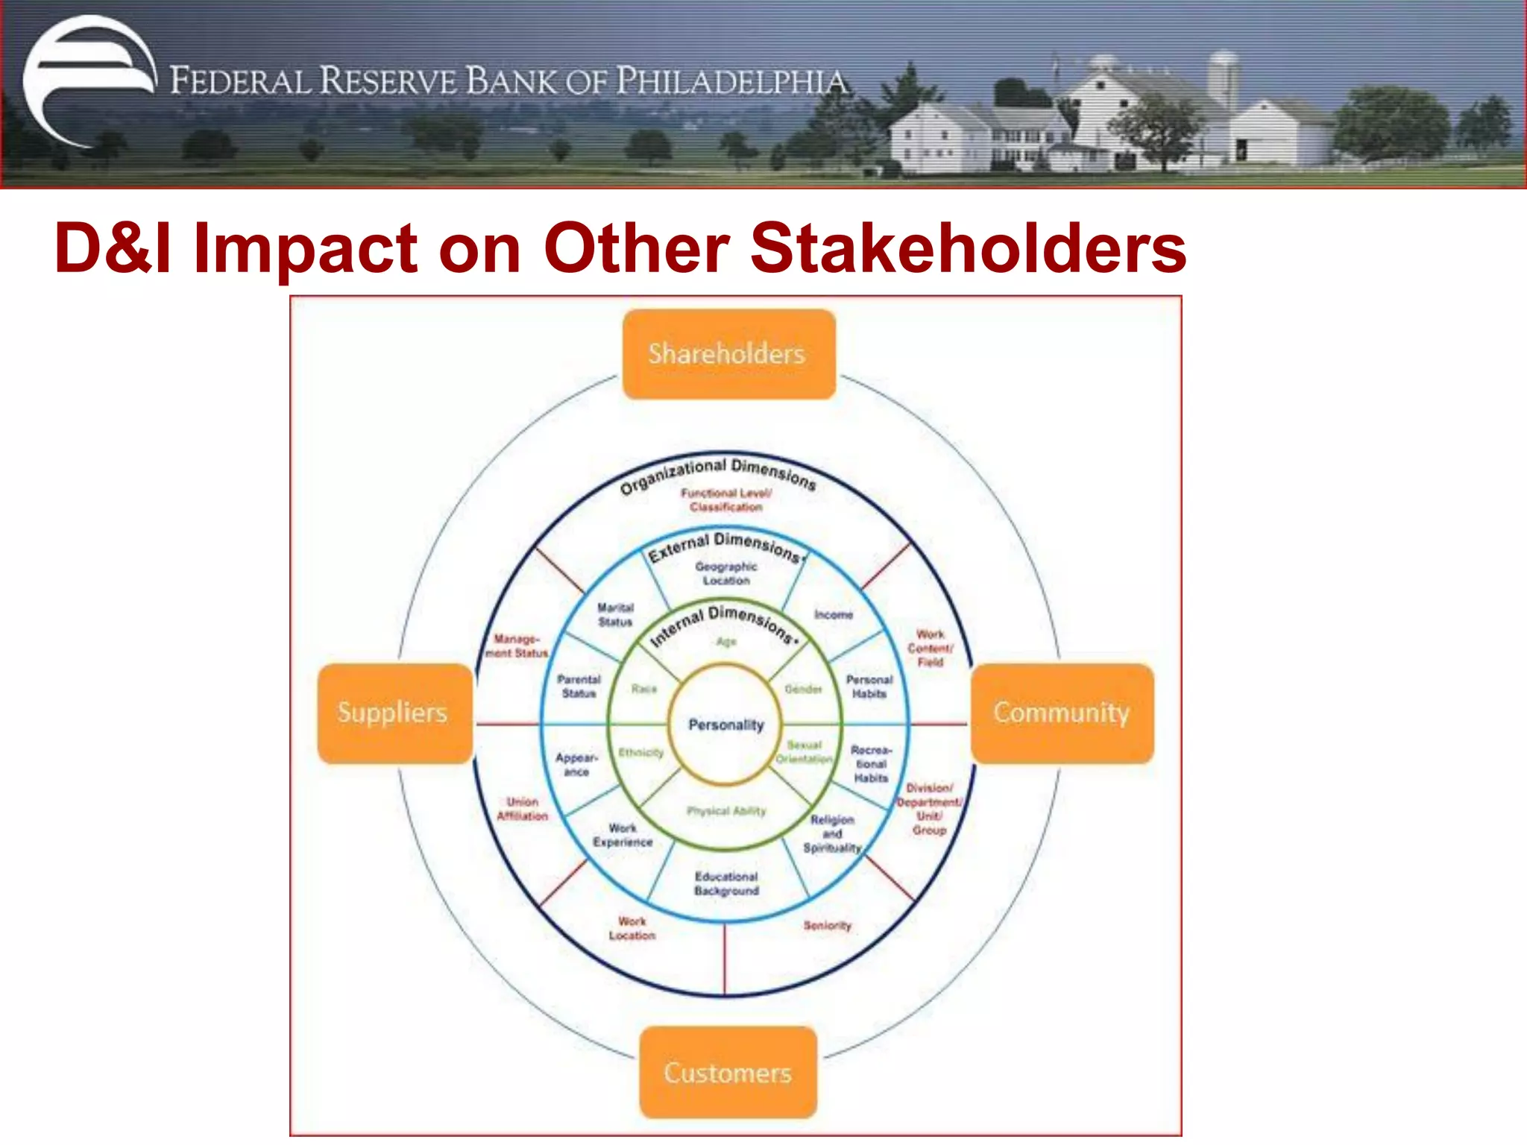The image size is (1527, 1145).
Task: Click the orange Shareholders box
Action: pyautogui.click(x=728, y=354)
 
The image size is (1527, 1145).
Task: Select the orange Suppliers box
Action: pyautogui.click(x=394, y=713)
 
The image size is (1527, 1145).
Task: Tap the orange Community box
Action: pyautogui.click(x=1061, y=713)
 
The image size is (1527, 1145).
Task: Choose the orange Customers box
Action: pyautogui.click(x=728, y=1073)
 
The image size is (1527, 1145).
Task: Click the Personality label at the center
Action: pyautogui.click(x=725, y=725)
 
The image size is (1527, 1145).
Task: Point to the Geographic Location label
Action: pyautogui.click(x=725, y=573)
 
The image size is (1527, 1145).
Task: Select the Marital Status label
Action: pyautogui.click(x=615, y=615)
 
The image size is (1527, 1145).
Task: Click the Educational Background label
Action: pyautogui.click(x=726, y=883)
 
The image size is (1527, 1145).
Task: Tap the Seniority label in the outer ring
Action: pyautogui.click(x=827, y=926)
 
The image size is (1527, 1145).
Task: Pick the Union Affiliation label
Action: pyautogui.click(x=522, y=809)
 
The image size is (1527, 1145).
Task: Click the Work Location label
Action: pyautogui.click(x=632, y=928)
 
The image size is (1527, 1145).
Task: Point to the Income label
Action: pyautogui.click(x=833, y=615)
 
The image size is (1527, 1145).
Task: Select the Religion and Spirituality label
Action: pyautogui.click(x=832, y=833)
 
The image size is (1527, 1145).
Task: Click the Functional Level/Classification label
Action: pyautogui.click(x=725, y=500)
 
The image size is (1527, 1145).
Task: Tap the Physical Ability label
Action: pyautogui.click(x=725, y=811)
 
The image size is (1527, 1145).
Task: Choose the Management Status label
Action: pyautogui.click(x=516, y=646)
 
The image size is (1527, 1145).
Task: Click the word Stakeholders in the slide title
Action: pyautogui.click(x=968, y=248)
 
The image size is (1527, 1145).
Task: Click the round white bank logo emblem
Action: pyautogui.click(x=88, y=81)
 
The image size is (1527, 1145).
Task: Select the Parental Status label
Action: pyautogui.click(x=579, y=686)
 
